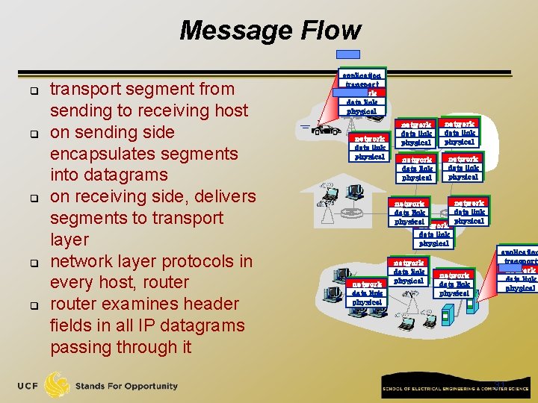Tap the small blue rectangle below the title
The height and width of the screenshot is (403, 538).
point(347,54)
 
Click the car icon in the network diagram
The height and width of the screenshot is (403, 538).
point(326,130)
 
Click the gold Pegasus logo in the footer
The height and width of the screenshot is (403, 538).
point(58,385)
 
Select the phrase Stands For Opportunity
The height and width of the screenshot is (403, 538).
point(126,387)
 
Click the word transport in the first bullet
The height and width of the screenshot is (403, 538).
point(87,90)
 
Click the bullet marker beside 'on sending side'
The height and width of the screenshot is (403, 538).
point(34,134)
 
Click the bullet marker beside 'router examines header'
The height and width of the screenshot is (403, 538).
point(34,305)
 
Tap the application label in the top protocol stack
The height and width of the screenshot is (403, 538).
point(362,75)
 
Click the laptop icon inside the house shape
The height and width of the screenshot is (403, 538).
point(332,195)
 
